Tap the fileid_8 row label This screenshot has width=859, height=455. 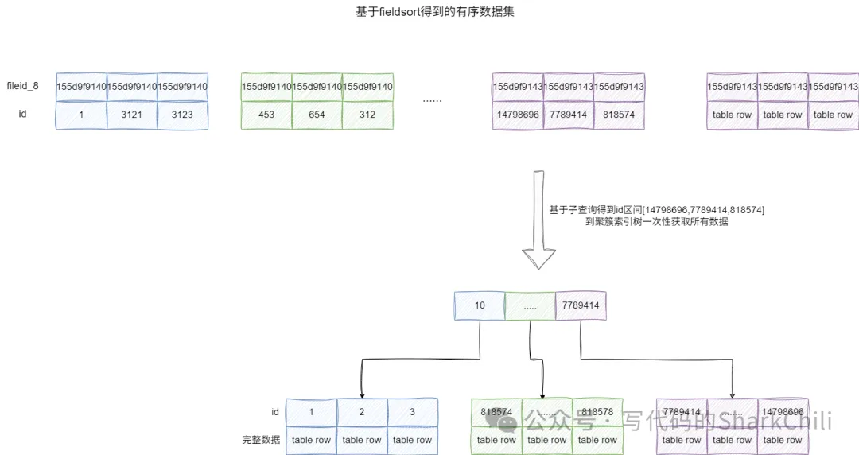tap(22, 86)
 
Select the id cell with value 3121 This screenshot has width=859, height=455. tap(132, 115)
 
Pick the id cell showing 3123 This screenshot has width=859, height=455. tap(183, 115)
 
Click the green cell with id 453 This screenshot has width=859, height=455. tap(266, 115)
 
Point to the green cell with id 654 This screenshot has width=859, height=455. tap(317, 115)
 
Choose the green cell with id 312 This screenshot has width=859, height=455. tap(367, 115)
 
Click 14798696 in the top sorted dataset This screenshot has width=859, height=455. tap(518, 115)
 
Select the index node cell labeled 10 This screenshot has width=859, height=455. tap(480, 305)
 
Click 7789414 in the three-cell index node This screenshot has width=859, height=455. tap(581, 305)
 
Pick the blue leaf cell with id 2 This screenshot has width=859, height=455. tap(362, 412)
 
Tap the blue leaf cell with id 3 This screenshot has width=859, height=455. tap(412, 412)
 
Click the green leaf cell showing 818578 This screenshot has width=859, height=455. tap(598, 412)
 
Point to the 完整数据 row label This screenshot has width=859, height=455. tap(261, 440)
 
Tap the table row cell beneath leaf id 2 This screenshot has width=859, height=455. tap(362, 440)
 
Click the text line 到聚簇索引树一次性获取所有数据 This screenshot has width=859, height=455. tap(656, 223)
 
